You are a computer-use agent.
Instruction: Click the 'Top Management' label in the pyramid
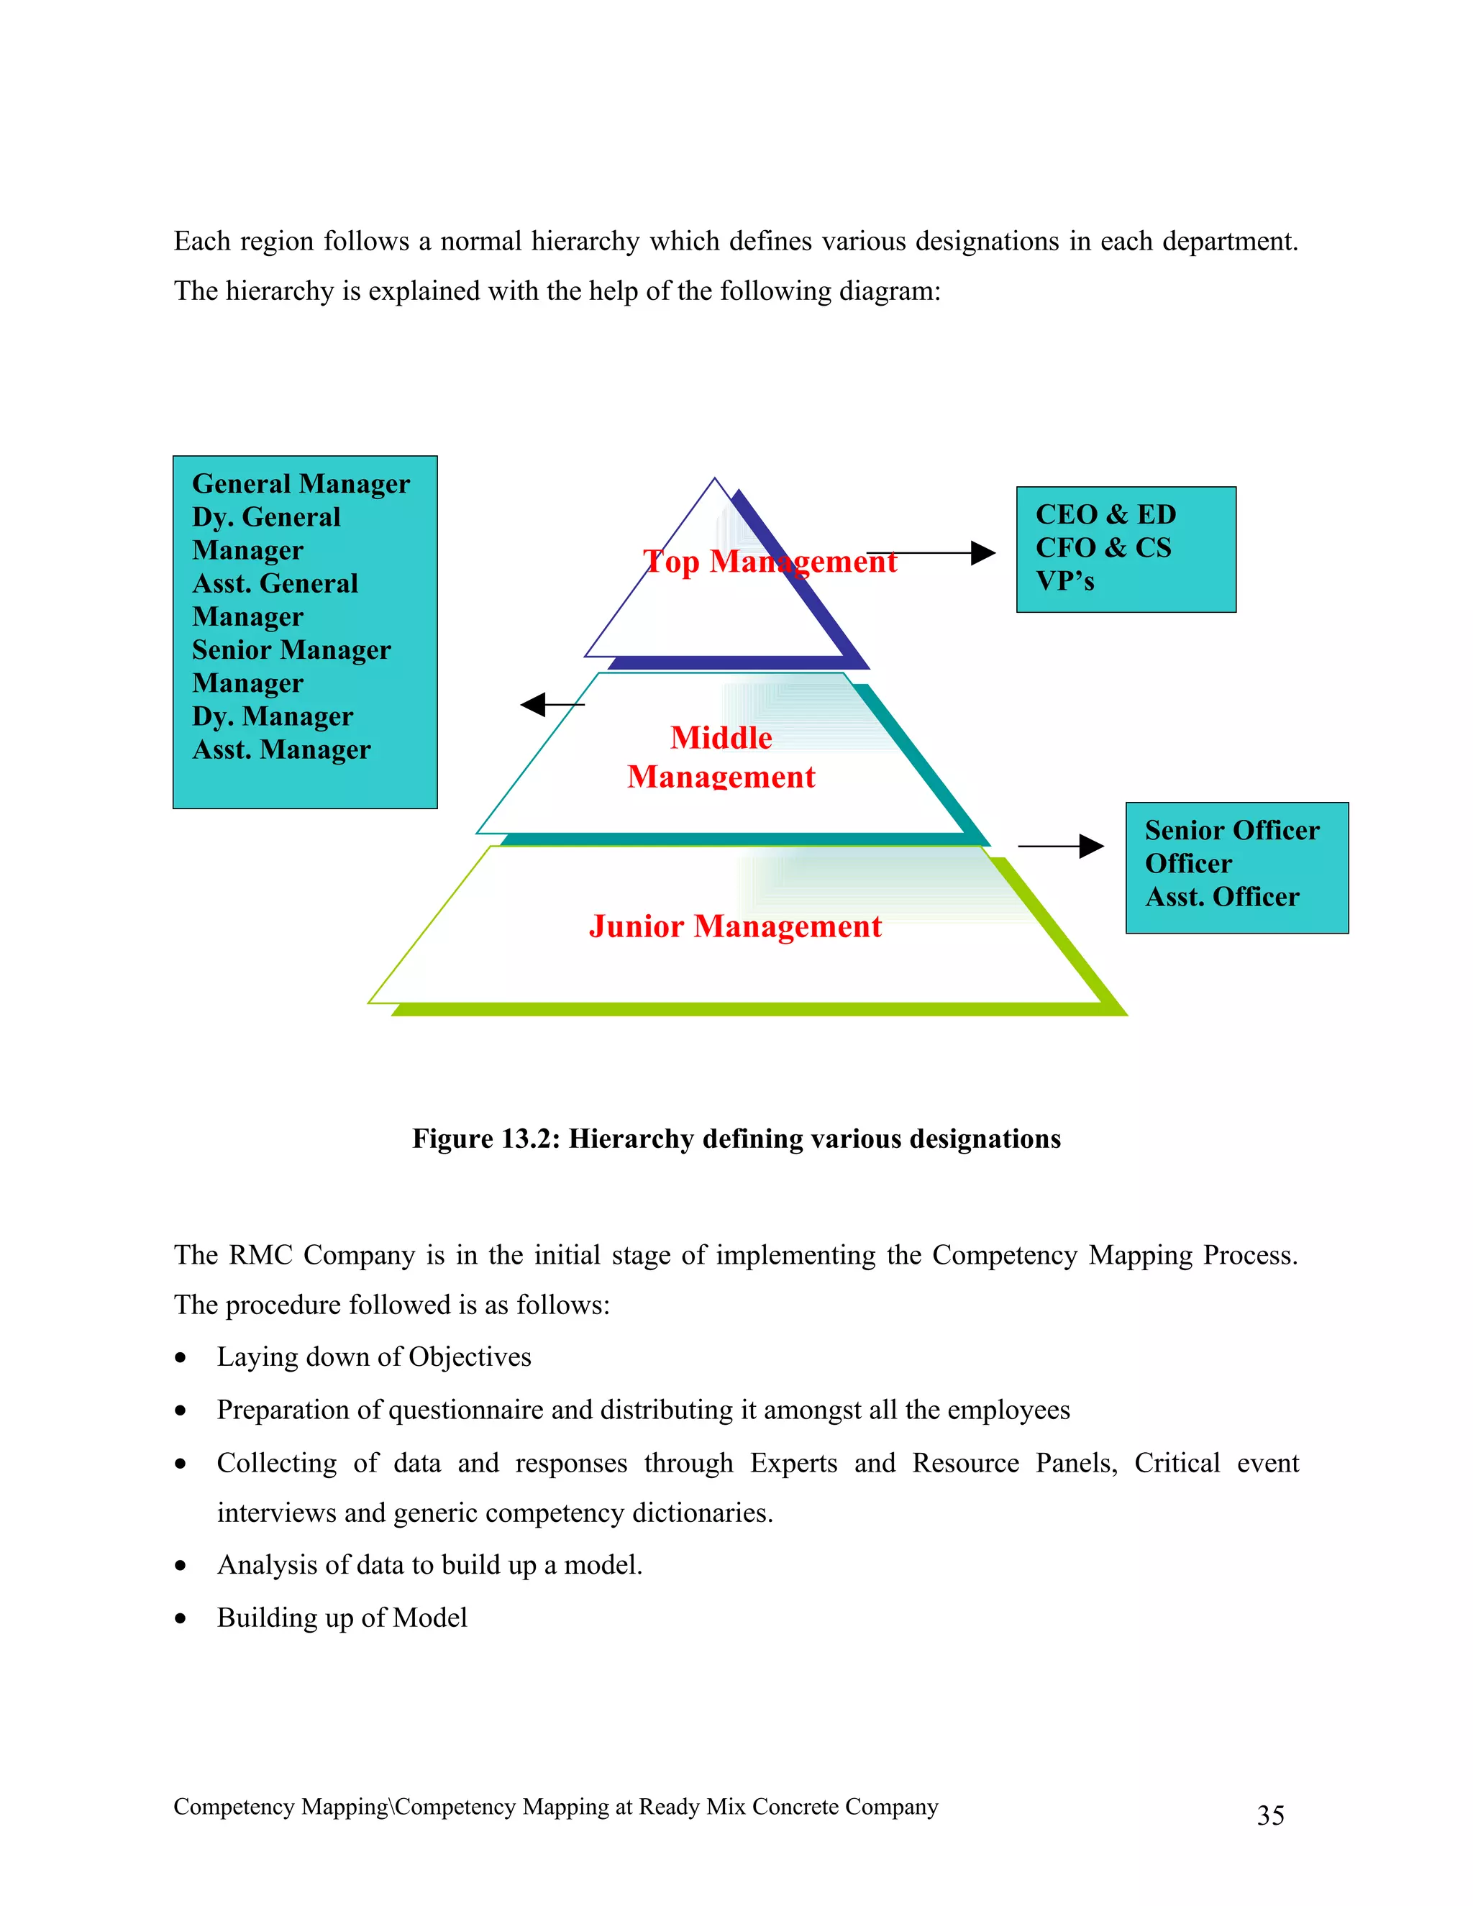coord(769,561)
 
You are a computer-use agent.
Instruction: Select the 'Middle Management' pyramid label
coord(721,757)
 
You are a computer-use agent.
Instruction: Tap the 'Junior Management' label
coord(735,926)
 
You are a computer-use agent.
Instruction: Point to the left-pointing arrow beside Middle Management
coord(551,703)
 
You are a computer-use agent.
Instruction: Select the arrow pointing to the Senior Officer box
coord(1060,846)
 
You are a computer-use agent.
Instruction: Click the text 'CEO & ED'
coord(1105,514)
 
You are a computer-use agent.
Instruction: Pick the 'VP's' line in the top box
coord(1064,580)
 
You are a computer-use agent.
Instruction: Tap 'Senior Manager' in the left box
coord(291,649)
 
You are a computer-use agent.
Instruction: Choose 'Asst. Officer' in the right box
coord(1222,896)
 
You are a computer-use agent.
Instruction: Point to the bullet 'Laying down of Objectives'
coord(373,1356)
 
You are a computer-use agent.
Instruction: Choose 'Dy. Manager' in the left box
coord(273,716)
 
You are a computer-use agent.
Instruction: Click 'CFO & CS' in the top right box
coord(1103,547)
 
